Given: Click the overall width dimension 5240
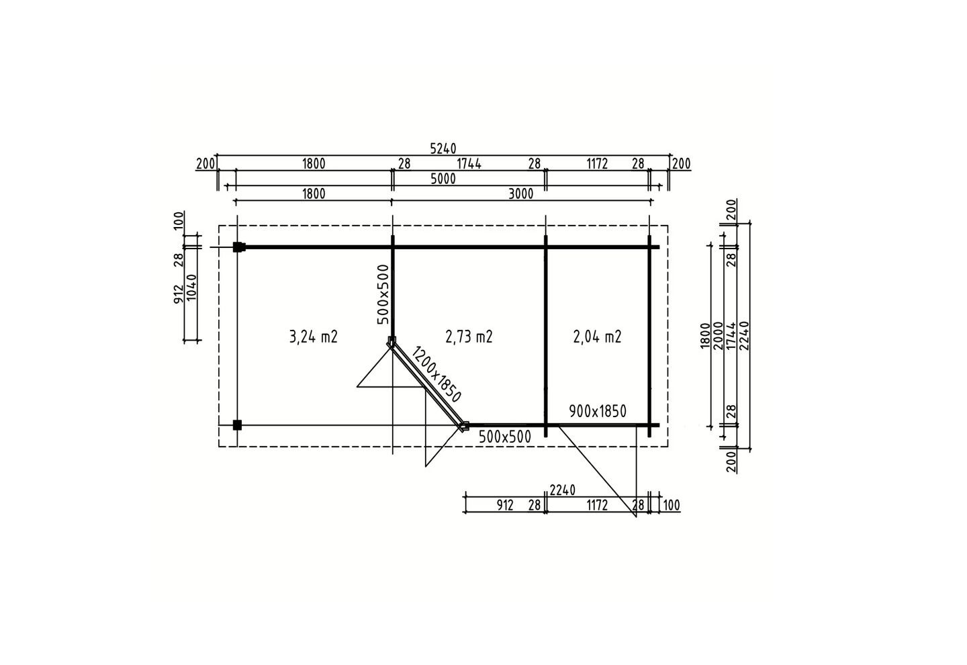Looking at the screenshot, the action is pyautogui.click(x=443, y=148).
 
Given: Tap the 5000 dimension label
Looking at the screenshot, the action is pyautogui.click(x=443, y=179).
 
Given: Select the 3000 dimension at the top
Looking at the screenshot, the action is pyautogui.click(x=520, y=194).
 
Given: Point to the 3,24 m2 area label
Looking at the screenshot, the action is pyautogui.click(x=314, y=337).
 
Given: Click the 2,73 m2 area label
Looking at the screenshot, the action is pyautogui.click(x=469, y=337).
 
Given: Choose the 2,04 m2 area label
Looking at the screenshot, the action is pyautogui.click(x=598, y=337).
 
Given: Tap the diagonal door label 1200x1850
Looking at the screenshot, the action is pyautogui.click(x=436, y=374).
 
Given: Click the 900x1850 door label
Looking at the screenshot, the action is pyautogui.click(x=598, y=412).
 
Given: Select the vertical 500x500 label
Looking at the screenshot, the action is pyautogui.click(x=383, y=294).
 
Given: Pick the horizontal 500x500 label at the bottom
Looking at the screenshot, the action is pyautogui.click(x=505, y=437).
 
